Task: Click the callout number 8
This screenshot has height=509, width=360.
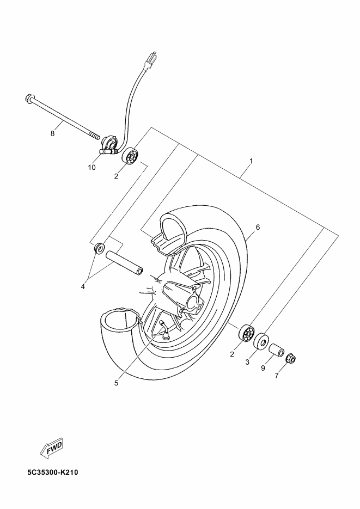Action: click(x=53, y=133)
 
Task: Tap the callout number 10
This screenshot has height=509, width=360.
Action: click(x=91, y=168)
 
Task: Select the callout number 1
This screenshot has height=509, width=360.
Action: click(x=251, y=161)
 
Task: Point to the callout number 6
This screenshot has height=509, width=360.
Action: click(x=258, y=227)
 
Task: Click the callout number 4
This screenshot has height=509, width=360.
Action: click(x=83, y=286)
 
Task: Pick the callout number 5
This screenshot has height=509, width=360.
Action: click(x=116, y=382)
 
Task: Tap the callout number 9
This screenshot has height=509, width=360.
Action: click(x=263, y=368)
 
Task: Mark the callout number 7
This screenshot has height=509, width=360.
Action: click(x=277, y=376)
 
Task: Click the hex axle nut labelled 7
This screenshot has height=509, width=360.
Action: click(x=291, y=358)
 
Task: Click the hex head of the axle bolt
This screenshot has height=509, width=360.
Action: click(x=28, y=99)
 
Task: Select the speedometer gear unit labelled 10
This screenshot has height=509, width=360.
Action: click(x=109, y=145)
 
